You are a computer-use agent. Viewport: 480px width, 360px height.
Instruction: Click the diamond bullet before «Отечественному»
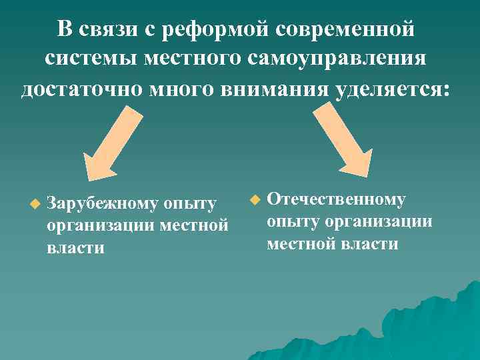point(254,199)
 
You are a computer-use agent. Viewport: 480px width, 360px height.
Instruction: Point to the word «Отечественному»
point(336,199)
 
